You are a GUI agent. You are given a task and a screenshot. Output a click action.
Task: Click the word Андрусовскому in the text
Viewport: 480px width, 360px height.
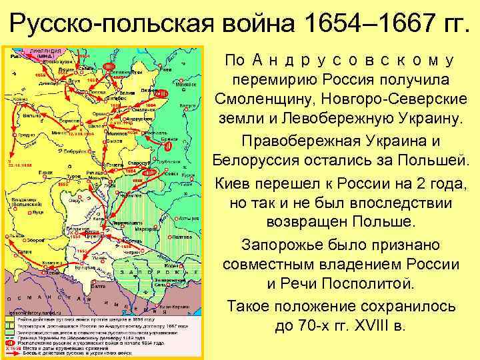pos(353,61)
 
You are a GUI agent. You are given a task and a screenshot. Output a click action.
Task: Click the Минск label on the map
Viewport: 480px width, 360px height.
pos(62,135)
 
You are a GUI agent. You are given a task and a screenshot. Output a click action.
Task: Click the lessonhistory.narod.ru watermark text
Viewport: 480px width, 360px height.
pos(33,310)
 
